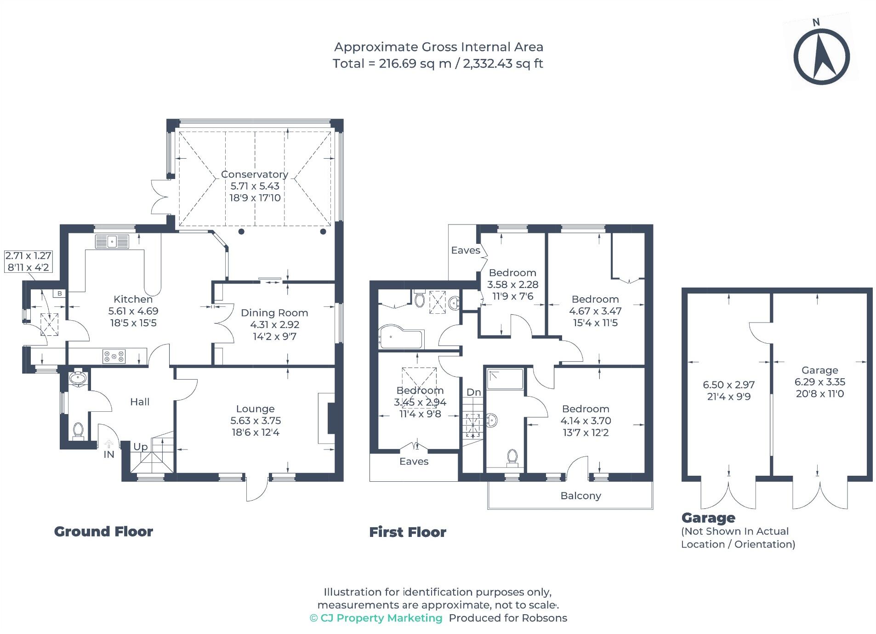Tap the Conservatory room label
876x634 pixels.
(x=254, y=174)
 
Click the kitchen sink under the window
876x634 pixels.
(x=112, y=241)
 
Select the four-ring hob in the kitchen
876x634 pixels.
(x=114, y=356)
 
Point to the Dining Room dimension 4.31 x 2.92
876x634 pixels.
(x=274, y=324)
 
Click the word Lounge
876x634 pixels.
(x=255, y=409)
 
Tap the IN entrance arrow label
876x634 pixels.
(x=109, y=454)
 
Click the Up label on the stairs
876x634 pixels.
(x=140, y=446)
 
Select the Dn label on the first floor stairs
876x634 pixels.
(x=473, y=392)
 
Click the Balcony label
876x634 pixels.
(x=580, y=496)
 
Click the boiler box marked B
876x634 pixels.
(x=59, y=293)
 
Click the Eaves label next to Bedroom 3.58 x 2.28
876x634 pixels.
(x=465, y=250)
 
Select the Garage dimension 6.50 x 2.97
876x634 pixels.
(x=728, y=385)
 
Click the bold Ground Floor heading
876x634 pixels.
(x=103, y=531)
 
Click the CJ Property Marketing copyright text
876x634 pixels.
(x=376, y=618)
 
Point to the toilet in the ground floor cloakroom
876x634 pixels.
(x=78, y=430)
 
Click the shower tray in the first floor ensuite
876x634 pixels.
(x=505, y=379)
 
